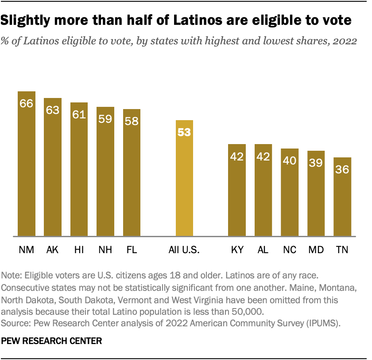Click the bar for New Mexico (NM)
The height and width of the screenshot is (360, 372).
point(26,164)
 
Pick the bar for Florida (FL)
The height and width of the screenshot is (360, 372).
point(132,172)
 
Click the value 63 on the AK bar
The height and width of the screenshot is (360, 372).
point(53,110)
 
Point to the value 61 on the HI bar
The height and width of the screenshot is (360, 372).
point(79,114)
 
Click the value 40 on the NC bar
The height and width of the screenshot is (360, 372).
point(290,160)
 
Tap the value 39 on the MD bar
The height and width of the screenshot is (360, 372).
point(316,163)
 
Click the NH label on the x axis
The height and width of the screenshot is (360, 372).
point(105,250)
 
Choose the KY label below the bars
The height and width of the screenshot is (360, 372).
point(237,250)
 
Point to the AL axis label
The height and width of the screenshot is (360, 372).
point(263,250)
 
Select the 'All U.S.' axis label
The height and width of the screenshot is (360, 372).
point(184,250)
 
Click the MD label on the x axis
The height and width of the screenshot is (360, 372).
point(316,250)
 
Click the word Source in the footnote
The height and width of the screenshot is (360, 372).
point(15,321)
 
